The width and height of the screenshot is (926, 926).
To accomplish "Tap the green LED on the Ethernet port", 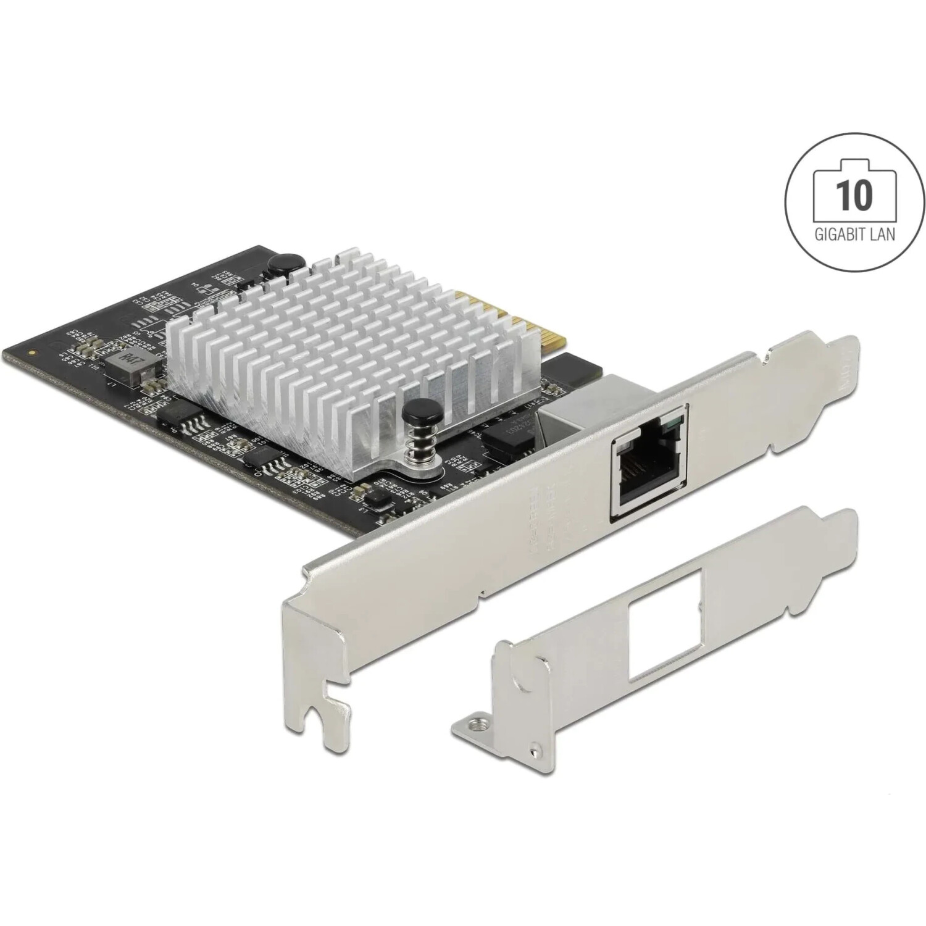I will point(678,422).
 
